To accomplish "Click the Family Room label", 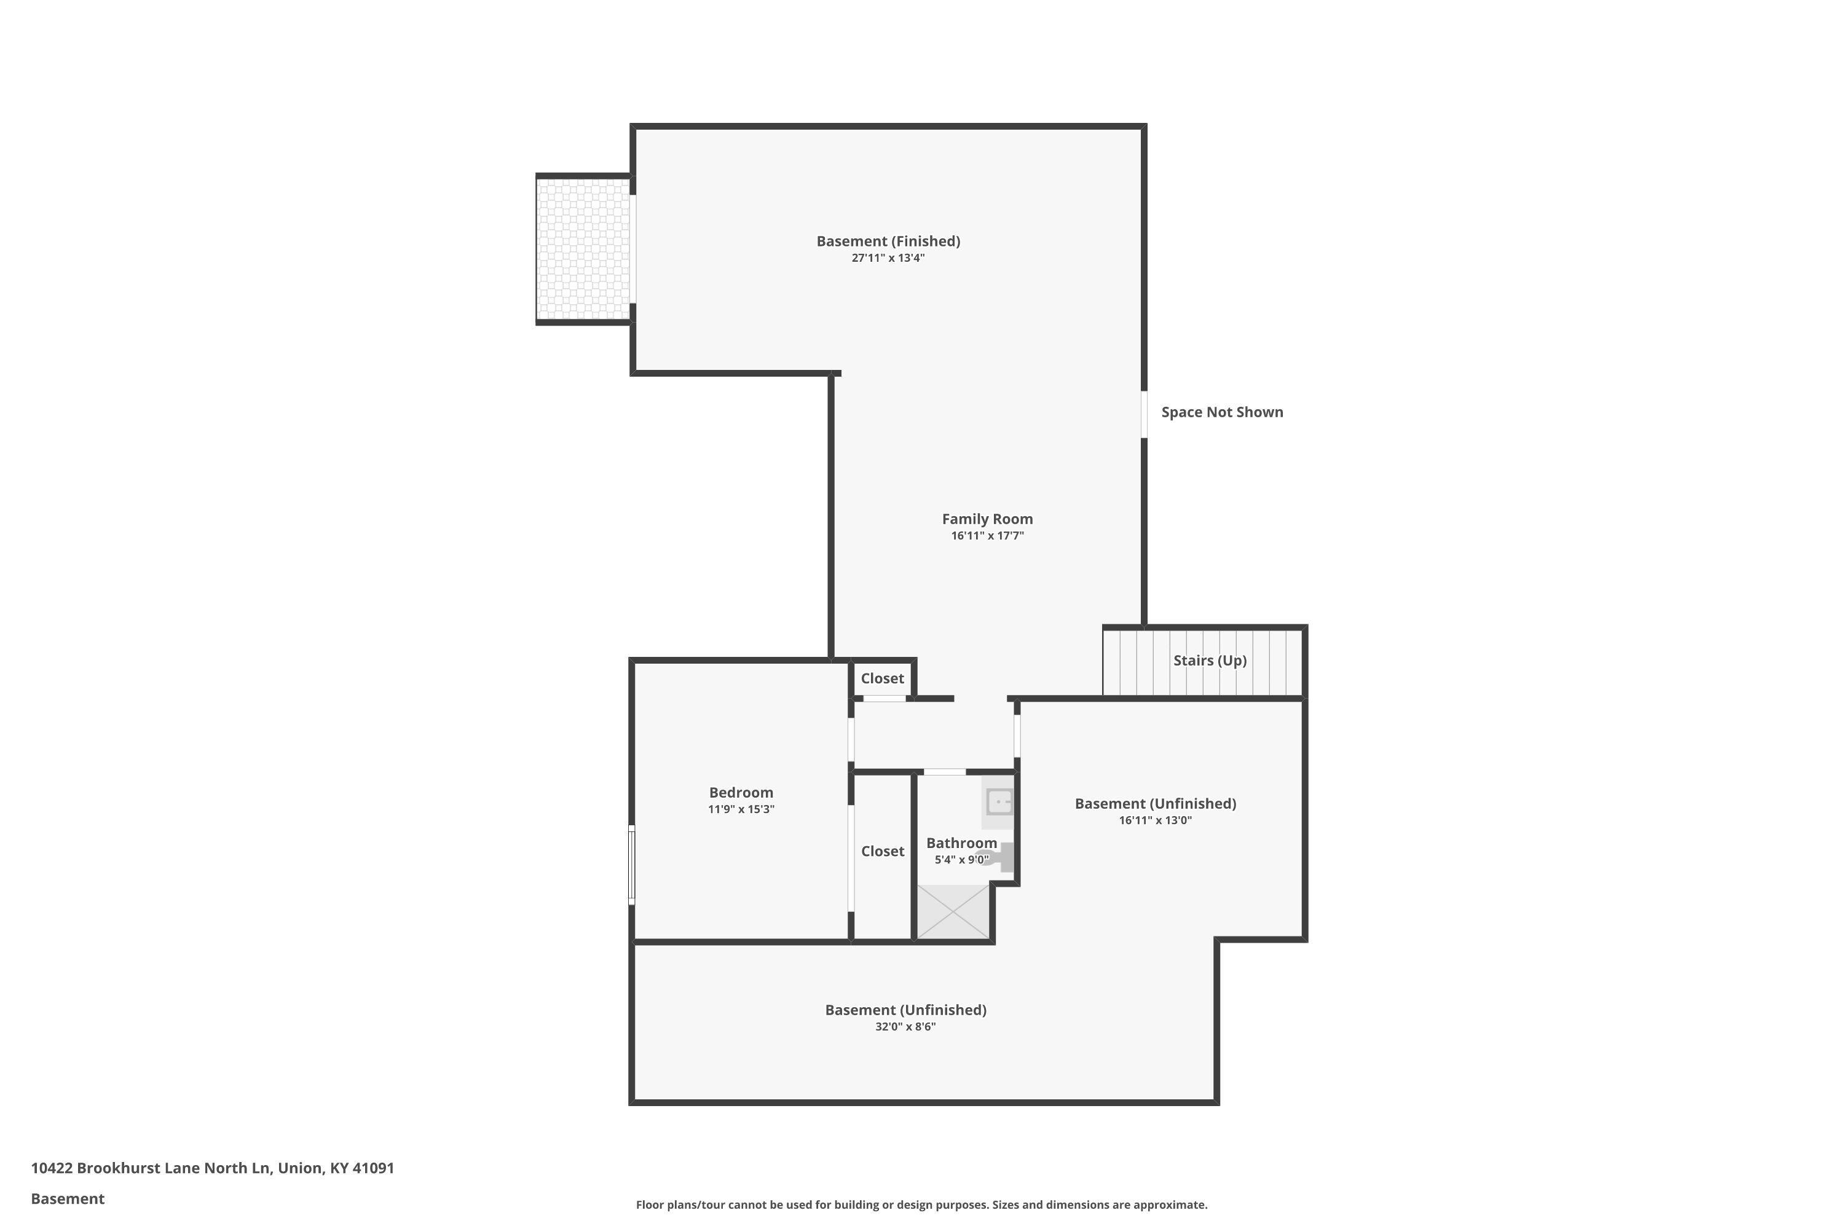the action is [987, 519].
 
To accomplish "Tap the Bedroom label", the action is [741, 793].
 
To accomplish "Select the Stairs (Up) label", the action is [1210, 661].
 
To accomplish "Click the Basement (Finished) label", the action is [888, 241].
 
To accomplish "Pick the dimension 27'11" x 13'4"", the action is [888, 258].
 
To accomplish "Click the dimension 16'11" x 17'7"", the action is [987, 536].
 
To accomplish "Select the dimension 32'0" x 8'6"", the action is [905, 1027].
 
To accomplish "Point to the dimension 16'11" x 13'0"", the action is [1156, 820].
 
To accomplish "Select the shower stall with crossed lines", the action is [953, 911].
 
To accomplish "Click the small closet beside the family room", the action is [882, 679].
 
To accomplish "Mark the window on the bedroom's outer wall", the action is [632, 865].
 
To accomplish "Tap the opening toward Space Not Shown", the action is [1144, 415].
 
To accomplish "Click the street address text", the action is [213, 1168].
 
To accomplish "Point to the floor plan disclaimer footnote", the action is [922, 1204].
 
